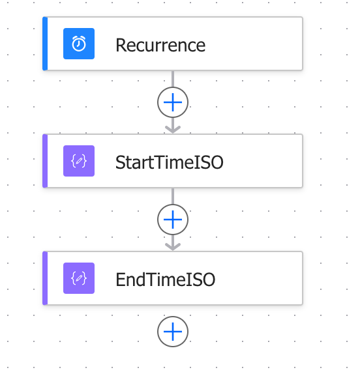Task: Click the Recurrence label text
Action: pos(160,45)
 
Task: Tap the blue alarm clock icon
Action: pos(79,44)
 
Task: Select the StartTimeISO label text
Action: pos(170,162)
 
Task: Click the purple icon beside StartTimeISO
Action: pos(79,161)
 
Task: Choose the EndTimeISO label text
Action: pos(165,279)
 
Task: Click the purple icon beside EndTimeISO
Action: pos(79,278)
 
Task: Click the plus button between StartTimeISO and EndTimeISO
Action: pos(173,220)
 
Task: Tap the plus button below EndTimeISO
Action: pos(173,332)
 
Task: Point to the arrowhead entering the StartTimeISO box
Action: pos(173,130)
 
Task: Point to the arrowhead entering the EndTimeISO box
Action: pos(173,246)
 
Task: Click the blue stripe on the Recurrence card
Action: pos(45,44)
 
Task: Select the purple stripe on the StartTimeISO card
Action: pos(45,161)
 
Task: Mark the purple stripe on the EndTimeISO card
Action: pos(45,278)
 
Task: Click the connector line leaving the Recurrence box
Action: pos(173,79)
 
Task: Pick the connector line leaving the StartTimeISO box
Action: pos(173,196)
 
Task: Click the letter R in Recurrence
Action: pos(121,45)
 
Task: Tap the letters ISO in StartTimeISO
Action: pos(209,162)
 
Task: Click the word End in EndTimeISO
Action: pos(130,279)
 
